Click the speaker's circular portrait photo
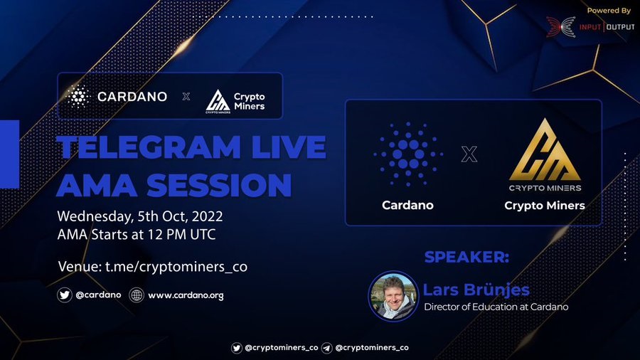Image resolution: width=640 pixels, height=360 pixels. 393,296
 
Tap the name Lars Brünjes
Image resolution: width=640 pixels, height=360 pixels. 476,290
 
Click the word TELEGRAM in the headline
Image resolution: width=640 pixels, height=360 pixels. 149,147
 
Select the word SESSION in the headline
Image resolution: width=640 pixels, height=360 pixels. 219,185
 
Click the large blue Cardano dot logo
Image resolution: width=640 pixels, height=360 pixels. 407,154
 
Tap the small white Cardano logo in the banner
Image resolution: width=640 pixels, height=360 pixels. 78,96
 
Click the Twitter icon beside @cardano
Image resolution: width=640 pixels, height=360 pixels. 65,295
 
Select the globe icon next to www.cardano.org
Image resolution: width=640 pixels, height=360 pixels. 137,295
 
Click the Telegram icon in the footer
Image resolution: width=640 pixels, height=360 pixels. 326,348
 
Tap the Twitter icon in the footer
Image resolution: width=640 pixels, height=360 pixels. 236,348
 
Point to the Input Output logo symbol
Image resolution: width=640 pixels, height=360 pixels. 561,27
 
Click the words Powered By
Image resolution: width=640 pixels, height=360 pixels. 609,11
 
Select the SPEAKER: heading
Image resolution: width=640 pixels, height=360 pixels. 466,257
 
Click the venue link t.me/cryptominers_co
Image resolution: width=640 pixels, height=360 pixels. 176,267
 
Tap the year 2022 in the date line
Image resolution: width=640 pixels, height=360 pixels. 208,216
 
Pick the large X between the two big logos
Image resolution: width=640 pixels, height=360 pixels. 469,154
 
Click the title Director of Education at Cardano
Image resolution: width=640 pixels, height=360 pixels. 496,307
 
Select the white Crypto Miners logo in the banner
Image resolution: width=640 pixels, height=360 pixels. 235,102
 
